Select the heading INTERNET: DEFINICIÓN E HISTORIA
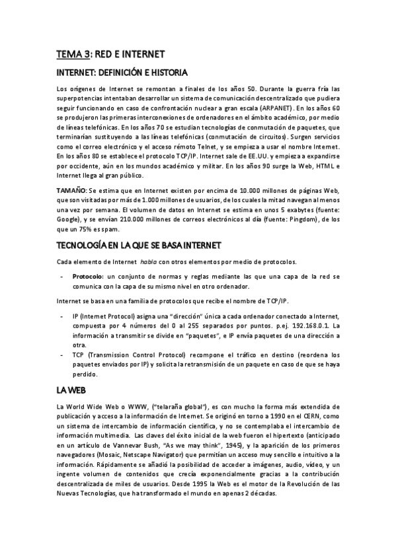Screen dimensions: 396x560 tap(122, 72)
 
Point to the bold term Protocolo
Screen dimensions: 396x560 tap(87, 276)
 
